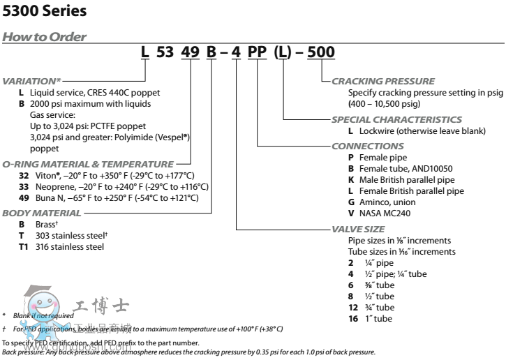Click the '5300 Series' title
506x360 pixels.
45,11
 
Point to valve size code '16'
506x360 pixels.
352,318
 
